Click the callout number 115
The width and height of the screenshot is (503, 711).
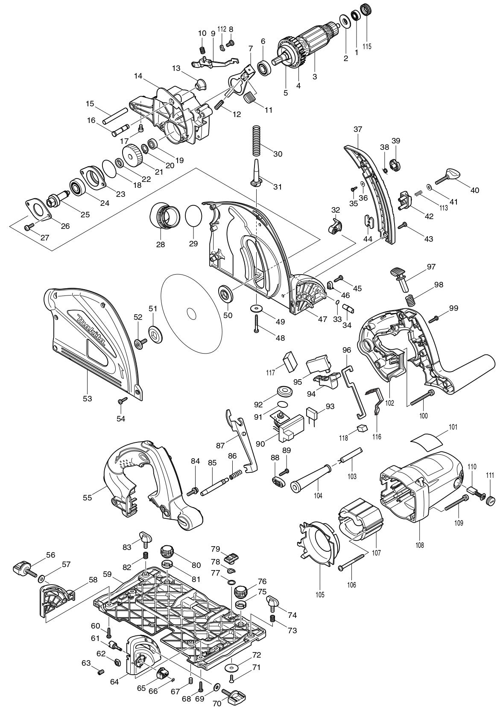tap(366, 46)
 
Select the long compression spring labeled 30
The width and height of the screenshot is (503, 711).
tap(256, 141)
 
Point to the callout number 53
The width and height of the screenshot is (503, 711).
tap(88, 398)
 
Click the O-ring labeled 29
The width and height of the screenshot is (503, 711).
tap(193, 216)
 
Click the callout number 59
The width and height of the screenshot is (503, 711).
tap(107, 574)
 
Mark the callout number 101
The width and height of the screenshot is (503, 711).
tap(453, 427)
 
